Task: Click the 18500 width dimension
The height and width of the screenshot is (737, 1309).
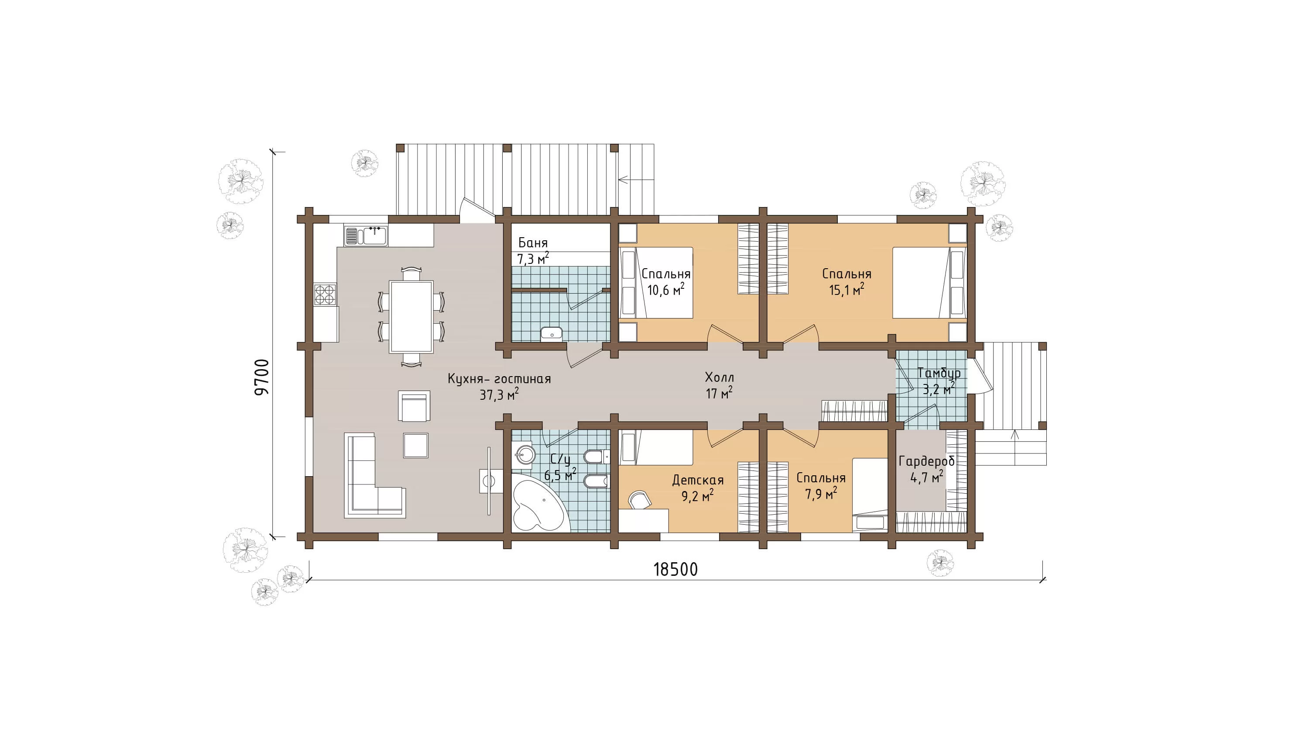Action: point(675,570)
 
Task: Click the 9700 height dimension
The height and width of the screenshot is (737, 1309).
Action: point(262,377)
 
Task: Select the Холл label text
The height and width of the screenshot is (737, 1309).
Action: point(719,377)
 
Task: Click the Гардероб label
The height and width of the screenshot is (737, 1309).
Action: point(926,461)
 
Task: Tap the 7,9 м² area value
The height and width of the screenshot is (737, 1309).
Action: point(821,493)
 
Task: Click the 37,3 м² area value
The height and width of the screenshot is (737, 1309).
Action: point(499,394)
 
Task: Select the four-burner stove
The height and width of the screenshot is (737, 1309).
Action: point(325,294)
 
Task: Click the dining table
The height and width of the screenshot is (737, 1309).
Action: point(411,316)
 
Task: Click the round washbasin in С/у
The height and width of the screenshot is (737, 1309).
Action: point(524,454)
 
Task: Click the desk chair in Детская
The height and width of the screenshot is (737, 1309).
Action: point(640,499)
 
